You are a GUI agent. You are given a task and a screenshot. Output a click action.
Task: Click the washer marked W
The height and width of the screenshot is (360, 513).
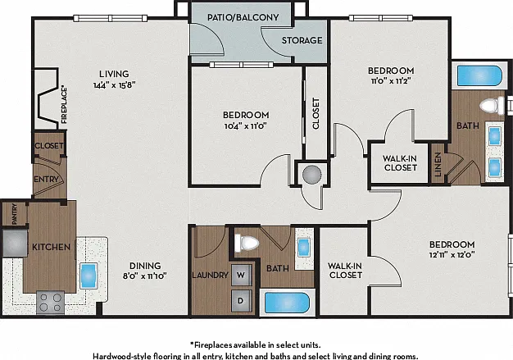point(242,275)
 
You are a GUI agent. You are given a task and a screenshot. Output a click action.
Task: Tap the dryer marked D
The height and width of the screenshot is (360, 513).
point(242,300)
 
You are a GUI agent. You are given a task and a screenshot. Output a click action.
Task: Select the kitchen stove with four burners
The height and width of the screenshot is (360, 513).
point(50,302)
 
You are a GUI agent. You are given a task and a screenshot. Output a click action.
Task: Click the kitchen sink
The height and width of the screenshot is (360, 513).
point(89,276)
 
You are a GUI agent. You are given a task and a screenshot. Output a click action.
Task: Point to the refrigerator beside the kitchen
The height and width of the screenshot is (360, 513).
point(15,243)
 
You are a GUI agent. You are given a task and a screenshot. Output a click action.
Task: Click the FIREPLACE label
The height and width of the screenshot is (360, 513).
point(64,105)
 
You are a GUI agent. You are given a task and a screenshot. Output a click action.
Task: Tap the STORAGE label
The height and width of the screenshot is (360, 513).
point(302,40)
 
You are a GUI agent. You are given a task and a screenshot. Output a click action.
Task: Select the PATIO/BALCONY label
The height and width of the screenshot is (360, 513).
point(243,17)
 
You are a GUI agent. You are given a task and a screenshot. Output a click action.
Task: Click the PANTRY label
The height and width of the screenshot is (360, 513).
point(14,214)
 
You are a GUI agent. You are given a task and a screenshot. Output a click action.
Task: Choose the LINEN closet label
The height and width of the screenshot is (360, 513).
point(438,164)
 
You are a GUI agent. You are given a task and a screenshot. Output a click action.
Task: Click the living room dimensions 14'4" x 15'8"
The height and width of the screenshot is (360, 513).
point(114,85)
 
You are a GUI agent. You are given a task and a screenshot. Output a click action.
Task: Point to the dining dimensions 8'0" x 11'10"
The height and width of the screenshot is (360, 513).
point(144,276)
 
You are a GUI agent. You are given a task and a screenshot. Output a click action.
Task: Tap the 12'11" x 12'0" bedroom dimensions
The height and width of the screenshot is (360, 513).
point(452,254)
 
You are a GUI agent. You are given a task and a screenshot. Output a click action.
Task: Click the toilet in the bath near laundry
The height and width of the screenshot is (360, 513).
point(247,244)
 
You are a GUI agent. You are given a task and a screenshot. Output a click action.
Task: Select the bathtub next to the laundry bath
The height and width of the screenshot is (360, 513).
point(287,303)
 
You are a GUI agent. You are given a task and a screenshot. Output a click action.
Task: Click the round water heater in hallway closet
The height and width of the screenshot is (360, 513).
point(311,175)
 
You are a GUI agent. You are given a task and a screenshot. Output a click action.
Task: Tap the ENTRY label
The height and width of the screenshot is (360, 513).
point(47,180)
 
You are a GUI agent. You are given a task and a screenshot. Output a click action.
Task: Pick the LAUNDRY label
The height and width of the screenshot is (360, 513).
point(210,276)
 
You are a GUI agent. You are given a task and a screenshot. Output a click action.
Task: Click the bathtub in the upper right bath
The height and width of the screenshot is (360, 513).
point(479,76)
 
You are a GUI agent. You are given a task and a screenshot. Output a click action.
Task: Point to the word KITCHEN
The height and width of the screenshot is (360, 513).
point(51,247)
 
